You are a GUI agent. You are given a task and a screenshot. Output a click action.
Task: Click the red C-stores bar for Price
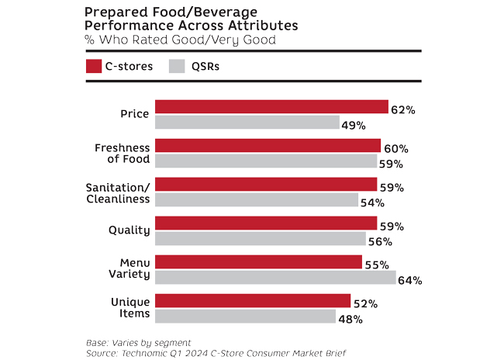tap(271, 107)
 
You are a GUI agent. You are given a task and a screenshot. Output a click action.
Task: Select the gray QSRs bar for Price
tap(247, 123)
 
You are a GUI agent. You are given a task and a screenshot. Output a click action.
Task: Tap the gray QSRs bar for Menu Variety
tap(275, 278)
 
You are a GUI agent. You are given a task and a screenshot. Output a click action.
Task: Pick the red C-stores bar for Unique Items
tap(253, 301)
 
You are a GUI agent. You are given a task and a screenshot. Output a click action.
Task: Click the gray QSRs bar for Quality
tap(261, 239)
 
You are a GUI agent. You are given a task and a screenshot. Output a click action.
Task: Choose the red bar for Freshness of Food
tap(268, 146)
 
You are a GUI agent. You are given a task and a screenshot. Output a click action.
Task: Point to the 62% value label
tap(403, 110)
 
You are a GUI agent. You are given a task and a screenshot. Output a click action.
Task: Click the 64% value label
tap(409, 280)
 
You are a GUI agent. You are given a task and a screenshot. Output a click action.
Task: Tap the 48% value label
tap(350, 318)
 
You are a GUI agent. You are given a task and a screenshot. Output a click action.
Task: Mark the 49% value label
tap(354, 125)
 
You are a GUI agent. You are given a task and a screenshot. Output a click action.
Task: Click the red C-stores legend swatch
tap(93, 66)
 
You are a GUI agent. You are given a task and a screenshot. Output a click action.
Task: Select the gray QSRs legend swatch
tap(177, 66)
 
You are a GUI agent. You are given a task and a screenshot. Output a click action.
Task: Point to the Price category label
tap(134, 115)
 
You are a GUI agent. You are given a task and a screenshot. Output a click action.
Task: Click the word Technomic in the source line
tap(147, 353)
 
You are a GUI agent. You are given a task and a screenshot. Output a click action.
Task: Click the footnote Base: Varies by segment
tap(138, 342)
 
